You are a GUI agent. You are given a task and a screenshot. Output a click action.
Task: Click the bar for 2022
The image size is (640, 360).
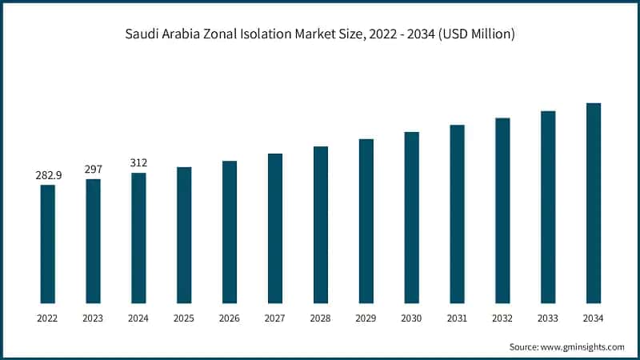[x=47, y=243]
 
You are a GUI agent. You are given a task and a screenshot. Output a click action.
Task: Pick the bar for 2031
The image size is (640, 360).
[x=457, y=214]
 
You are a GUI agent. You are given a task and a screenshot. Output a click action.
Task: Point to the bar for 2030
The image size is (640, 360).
[x=411, y=217]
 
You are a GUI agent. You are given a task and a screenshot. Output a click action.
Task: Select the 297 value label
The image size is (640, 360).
[x=93, y=169]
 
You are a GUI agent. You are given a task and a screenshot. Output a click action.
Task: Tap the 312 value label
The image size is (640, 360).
[x=138, y=162]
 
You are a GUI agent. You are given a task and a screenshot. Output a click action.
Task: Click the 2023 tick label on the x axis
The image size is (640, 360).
[x=93, y=318]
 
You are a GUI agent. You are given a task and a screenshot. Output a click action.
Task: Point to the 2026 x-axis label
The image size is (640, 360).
[x=230, y=318]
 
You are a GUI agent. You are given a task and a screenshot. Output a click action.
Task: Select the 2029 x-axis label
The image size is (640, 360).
[x=366, y=318]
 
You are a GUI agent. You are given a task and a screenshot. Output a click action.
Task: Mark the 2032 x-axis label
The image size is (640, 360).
[x=502, y=318]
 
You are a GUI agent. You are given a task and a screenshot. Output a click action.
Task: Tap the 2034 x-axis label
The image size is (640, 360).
[x=593, y=318]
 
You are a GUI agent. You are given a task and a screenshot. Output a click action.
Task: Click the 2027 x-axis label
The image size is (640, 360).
[x=275, y=318]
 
